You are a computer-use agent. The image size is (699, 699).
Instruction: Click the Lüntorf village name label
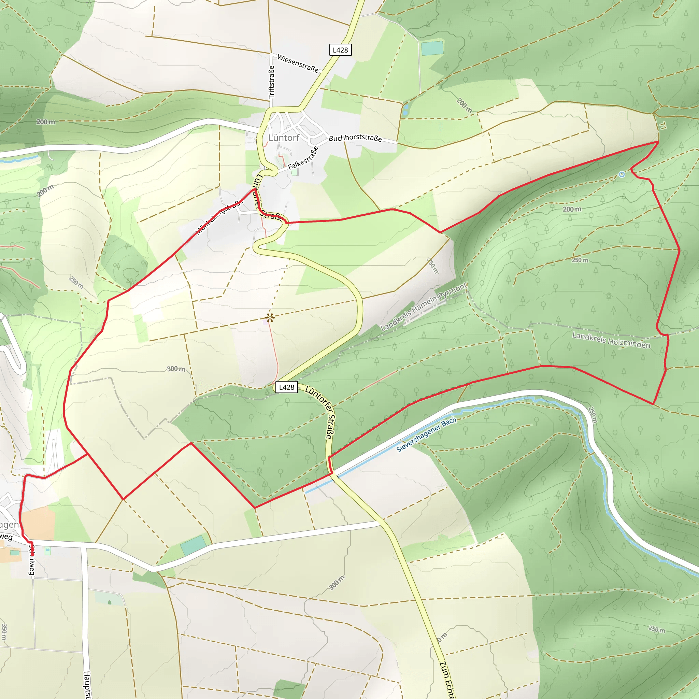(284, 138)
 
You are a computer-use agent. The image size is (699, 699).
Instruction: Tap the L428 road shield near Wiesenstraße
(340, 50)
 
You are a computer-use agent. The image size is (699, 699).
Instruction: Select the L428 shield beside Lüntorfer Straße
(287, 387)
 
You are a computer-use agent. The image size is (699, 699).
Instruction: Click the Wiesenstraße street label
(298, 64)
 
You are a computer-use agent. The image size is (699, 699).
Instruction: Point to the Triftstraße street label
(271, 82)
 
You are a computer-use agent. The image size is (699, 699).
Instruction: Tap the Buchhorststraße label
(355, 138)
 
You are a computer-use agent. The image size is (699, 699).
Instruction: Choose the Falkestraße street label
(303, 158)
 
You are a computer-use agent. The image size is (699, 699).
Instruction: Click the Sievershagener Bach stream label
(426, 435)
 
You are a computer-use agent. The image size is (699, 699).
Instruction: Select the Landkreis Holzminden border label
(611, 340)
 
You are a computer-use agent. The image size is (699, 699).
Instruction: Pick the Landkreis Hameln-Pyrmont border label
(424, 307)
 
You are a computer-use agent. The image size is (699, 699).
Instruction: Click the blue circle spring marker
(622, 174)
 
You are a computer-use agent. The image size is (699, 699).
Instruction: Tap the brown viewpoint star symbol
(270, 318)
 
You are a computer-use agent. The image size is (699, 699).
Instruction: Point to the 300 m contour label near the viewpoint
(176, 369)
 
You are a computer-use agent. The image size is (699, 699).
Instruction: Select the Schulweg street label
(32, 559)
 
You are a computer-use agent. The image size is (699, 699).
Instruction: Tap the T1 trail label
(662, 126)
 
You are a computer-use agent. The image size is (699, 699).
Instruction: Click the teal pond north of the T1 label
(432, 48)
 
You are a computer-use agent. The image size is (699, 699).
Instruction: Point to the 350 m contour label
(4, 631)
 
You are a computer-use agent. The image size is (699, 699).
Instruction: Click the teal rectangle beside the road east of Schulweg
(193, 545)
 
